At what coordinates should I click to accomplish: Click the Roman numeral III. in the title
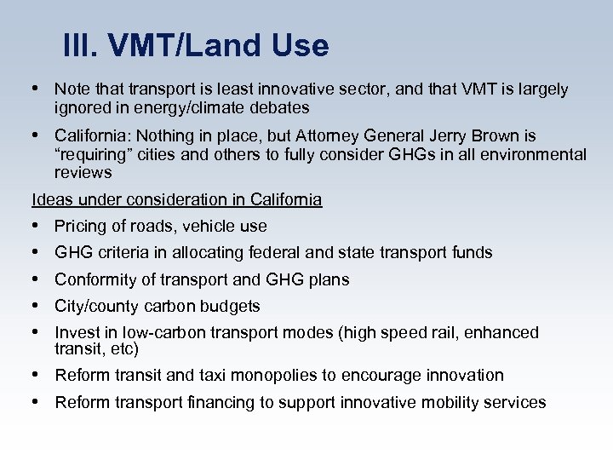pos(78,46)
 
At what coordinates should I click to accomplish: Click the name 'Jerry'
pos(450,136)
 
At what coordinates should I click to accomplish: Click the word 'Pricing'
pos(80,227)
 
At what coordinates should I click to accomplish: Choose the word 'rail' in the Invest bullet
pos(467,333)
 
